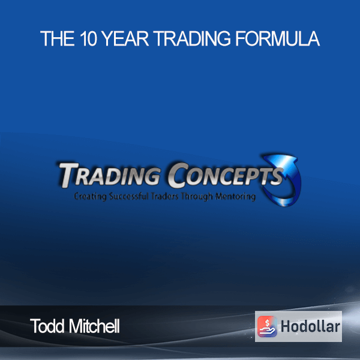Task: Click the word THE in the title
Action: click(58, 38)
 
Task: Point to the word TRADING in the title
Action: click(192, 38)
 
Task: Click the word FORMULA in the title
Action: click(277, 38)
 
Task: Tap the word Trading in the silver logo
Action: click(110, 175)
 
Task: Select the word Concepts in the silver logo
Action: click(226, 175)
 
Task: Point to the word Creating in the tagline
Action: click(90, 197)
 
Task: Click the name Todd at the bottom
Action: click(47, 326)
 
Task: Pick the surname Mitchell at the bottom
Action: click(94, 326)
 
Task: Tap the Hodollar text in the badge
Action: click(310, 326)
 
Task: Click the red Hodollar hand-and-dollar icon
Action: click(267, 326)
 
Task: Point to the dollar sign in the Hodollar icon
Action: click(267, 323)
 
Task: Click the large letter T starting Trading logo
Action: click(68, 175)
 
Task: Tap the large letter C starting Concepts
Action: click(177, 175)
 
